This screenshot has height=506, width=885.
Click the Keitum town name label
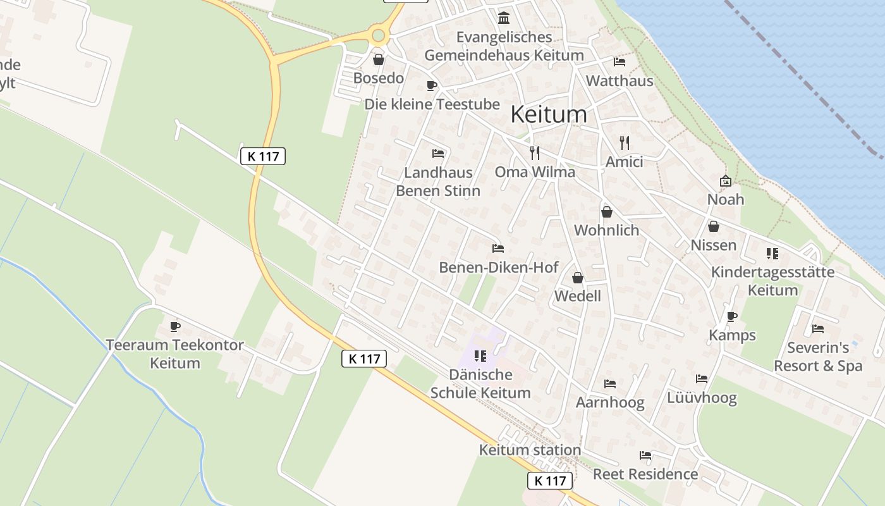(548, 114)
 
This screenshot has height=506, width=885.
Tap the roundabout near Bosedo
(379, 35)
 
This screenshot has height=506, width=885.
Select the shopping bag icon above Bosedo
(379, 60)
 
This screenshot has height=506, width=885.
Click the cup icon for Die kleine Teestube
(432, 85)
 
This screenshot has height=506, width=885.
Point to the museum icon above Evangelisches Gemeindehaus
(504, 18)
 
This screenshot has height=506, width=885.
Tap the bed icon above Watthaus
(619, 62)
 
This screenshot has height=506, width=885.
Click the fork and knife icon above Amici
(625, 143)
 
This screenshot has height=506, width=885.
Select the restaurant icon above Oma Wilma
(535, 152)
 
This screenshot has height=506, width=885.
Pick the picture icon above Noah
(726, 181)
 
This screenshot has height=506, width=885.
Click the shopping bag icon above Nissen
(714, 226)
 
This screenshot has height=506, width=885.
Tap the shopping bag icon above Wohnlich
(607, 211)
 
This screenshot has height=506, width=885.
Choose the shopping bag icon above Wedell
(577, 278)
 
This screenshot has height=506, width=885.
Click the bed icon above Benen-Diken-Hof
(498, 249)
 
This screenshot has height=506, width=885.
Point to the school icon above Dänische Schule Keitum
(480, 356)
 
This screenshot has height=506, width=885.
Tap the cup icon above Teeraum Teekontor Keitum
(175, 326)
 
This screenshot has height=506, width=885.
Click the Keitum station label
(521, 450)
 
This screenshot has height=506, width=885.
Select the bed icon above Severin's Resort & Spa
(818, 329)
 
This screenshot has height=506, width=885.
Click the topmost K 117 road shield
(263, 156)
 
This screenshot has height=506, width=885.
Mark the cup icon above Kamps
(732, 316)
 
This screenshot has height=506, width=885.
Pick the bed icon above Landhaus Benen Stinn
(438, 154)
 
